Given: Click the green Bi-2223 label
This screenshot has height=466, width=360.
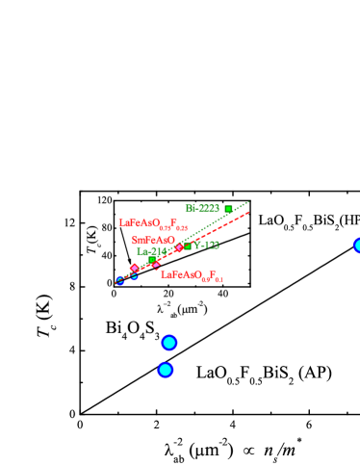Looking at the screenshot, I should pos(202,208).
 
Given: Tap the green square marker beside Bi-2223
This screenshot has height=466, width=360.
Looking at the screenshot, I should pos(228,209).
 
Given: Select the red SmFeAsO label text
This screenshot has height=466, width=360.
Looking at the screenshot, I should pos(153,240).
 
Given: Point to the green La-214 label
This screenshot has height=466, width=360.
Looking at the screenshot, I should pos(151,251).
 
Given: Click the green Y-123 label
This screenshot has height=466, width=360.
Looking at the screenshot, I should pos(205,246).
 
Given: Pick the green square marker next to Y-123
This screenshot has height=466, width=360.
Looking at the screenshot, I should pos(187,246).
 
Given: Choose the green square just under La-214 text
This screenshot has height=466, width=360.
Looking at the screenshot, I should pos(151,260).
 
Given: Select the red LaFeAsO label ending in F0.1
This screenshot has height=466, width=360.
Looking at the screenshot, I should pos(192,275).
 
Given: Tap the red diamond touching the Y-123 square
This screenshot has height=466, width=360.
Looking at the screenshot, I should pos(179,247).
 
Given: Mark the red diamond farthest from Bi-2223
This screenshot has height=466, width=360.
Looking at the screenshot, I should pos(135,268).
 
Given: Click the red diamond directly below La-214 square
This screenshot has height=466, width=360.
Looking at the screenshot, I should pos(155,265).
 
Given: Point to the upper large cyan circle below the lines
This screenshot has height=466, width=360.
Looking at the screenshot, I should pos(169,342).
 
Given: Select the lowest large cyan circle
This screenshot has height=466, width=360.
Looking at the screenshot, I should pos(166,370).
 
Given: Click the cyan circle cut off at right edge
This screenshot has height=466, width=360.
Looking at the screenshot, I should pos(357,246).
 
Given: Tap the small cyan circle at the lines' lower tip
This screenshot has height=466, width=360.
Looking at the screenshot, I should pos(120,281).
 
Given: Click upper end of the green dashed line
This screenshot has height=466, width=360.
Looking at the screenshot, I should pos(248,202).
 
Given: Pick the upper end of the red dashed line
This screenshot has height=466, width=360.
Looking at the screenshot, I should pos(248,212).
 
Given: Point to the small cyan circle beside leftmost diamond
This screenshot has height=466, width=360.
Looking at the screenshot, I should pos(135,276).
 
